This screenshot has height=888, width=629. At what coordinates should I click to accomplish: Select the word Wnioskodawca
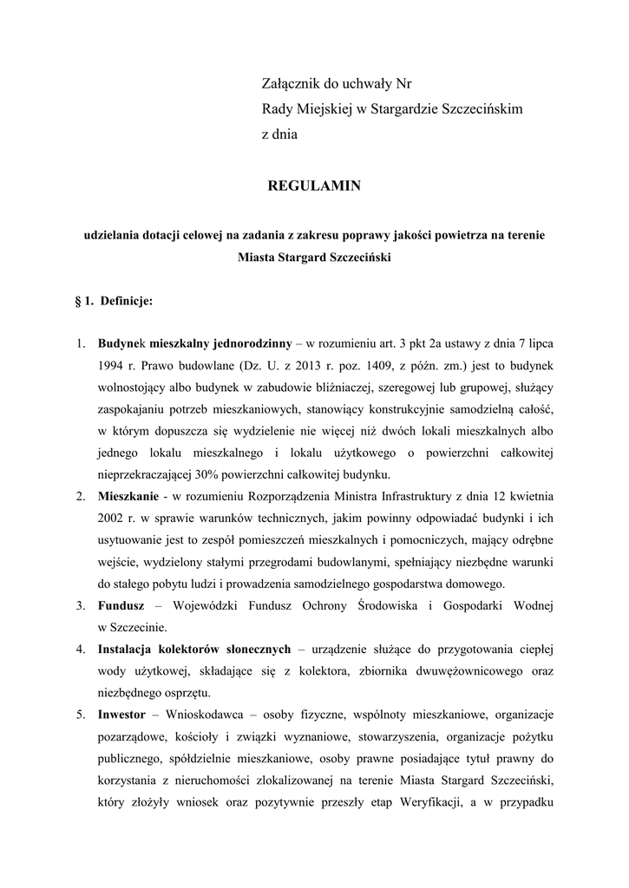pos(205,715)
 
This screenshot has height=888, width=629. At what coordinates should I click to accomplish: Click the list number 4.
pos(79,650)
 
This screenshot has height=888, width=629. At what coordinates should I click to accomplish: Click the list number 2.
pos(79,497)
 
